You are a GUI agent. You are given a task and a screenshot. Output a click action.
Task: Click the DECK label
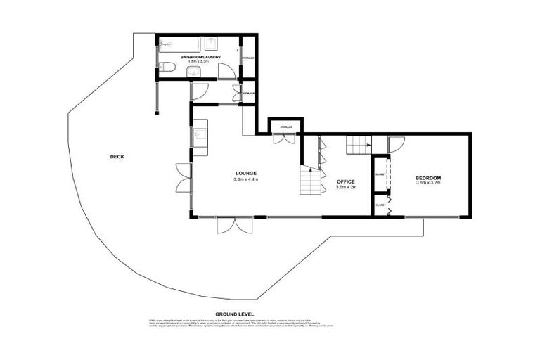pyautogui.click(x=117, y=157)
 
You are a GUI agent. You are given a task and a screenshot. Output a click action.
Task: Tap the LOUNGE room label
pyautogui.click(x=245, y=173)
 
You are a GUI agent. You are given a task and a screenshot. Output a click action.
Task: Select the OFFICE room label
pyautogui.click(x=346, y=181)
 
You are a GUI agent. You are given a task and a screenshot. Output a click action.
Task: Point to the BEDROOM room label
pyautogui.click(x=427, y=178)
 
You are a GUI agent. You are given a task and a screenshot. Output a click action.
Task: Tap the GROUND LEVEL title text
pyautogui.click(x=234, y=314)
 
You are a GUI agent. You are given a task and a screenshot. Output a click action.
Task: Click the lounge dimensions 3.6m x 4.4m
pyautogui.click(x=245, y=180)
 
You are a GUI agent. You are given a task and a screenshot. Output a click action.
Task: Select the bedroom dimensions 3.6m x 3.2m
pyautogui.click(x=427, y=184)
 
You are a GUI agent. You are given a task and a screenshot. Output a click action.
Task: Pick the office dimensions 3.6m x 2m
pyautogui.click(x=346, y=188)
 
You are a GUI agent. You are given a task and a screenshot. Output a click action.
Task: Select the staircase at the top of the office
pyautogui.click(x=358, y=146)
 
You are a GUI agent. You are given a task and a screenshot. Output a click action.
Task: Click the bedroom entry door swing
pyautogui.click(x=397, y=143)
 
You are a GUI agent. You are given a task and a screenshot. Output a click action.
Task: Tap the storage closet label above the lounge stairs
pyautogui.click(x=285, y=127)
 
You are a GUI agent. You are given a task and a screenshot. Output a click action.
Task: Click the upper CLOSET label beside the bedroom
pyautogui.click(x=380, y=174)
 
